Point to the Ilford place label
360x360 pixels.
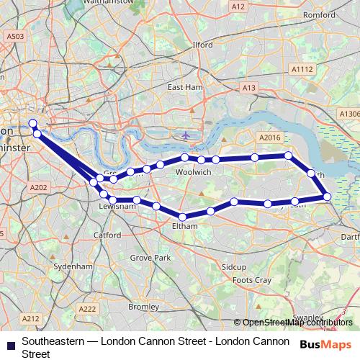[x=203, y=45]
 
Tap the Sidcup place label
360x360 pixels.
[x=234, y=266]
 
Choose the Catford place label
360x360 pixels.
[x=107, y=235]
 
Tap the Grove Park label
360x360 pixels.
[x=150, y=257]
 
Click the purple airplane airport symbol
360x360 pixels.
[x=186, y=135]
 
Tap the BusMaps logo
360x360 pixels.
[x=326, y=345]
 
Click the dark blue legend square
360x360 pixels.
[x=11, y=346]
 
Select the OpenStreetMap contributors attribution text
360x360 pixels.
[x=297, y=322]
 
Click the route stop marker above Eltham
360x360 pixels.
[x=183, y=217]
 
